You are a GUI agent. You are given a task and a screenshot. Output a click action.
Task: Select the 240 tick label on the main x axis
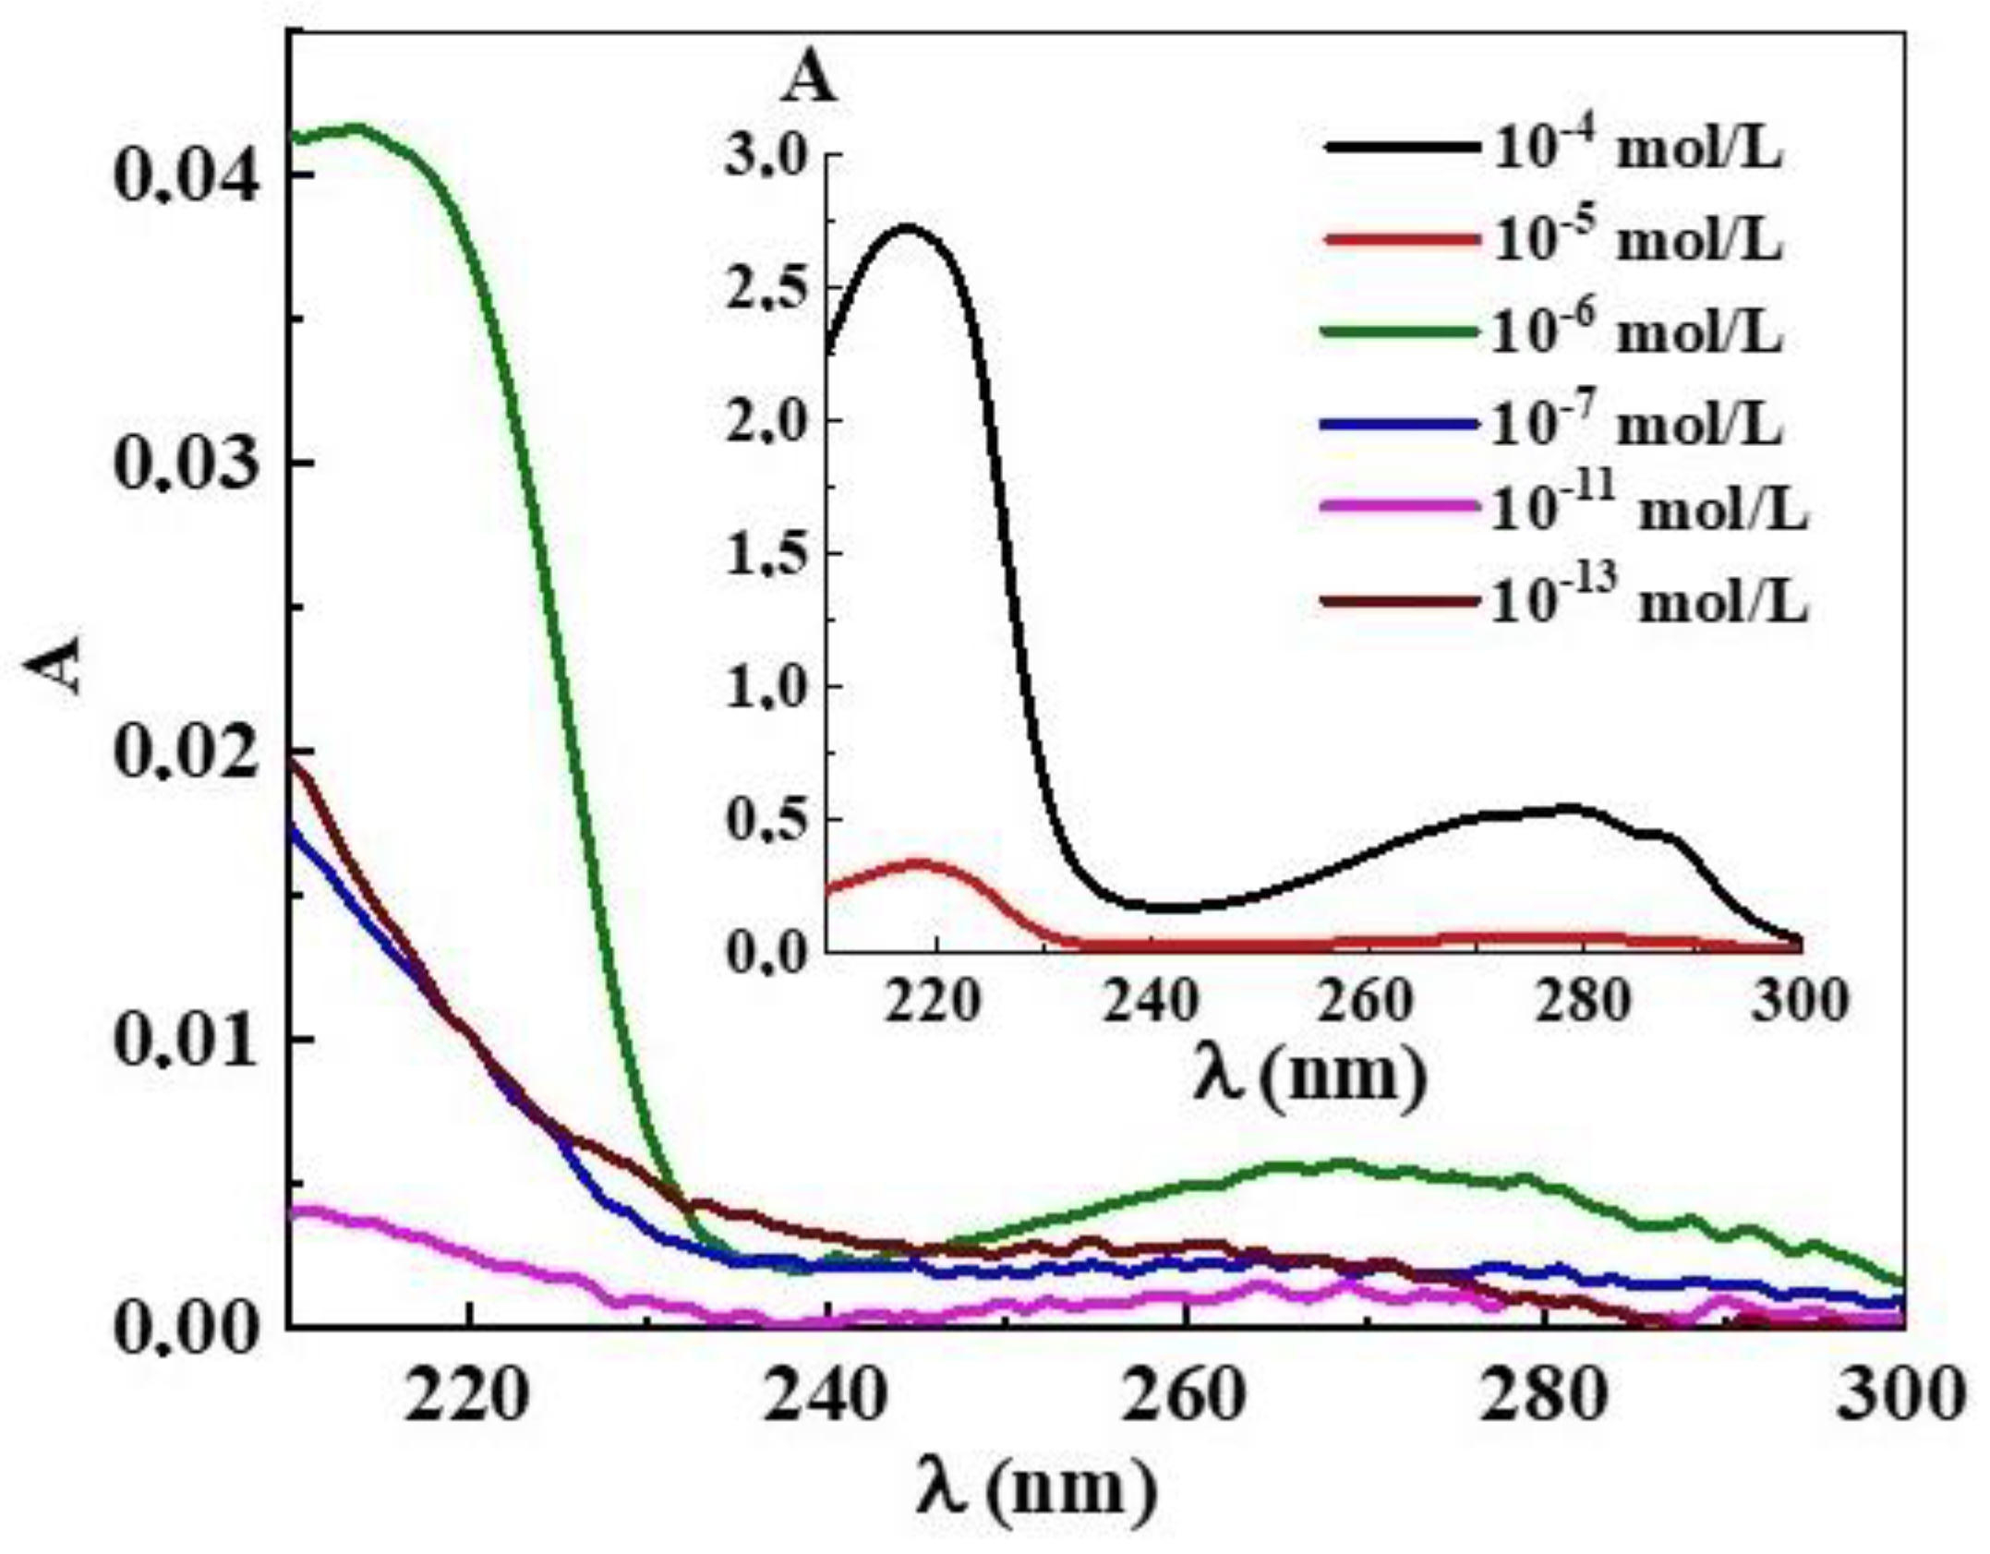827,1397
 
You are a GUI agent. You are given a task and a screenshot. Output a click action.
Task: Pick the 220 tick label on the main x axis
468,1397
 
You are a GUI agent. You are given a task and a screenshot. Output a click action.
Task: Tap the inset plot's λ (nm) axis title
1311,1075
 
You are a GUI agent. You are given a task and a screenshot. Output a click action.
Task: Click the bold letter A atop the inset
810,81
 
